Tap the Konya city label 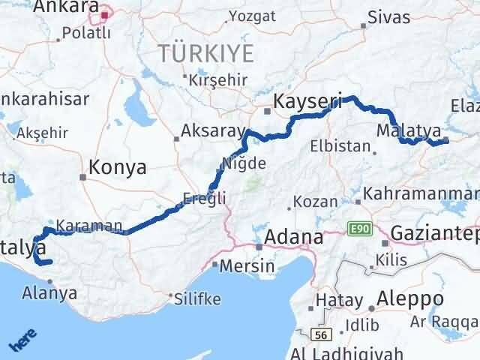pyautogui.click(x=117, y=167)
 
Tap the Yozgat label pyautogui.click(x=250, y=16)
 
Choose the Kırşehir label pyautogui.click(x=218, y=79)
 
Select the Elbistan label pyautogui.click(x=343, y=146)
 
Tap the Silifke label pyautogui.click(x=196, y=298)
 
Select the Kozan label pyautogui.click(x=315, y=202)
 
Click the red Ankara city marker pyautogui.click(x=105, y=13)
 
